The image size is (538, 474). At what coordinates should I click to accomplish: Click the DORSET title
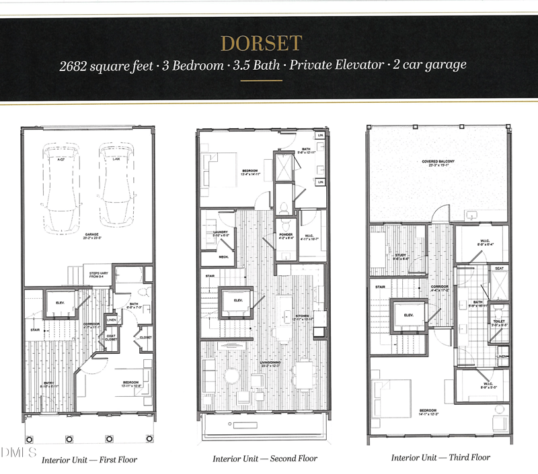(261, 44)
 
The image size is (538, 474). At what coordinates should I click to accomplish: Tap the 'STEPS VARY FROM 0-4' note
(95, 275)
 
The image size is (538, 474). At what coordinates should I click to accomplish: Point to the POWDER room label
(285, 234)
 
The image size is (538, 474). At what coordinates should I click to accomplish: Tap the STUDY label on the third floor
(398, 254)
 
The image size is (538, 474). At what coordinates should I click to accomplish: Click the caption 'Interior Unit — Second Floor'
(264, 459)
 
